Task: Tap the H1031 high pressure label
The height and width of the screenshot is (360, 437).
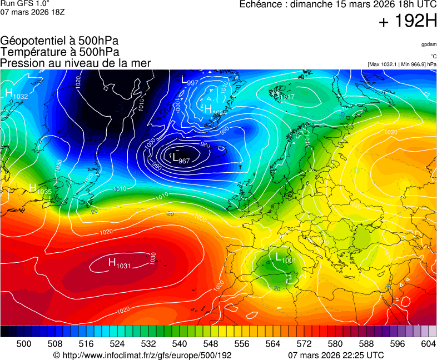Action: [119, 263]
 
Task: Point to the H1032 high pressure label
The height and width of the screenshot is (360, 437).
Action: [16, 94]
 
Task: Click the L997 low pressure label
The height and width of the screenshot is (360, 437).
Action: [190, 81]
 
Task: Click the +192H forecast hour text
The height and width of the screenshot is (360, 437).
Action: [408, 22]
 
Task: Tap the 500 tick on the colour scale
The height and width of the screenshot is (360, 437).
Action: [24, 344]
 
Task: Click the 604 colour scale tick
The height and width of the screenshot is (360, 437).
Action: [428, 344]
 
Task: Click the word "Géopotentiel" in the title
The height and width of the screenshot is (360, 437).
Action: [33, 41]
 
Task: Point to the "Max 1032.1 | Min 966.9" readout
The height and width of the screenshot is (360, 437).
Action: [402, 64]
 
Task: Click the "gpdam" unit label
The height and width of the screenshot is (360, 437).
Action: [429, 44]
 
